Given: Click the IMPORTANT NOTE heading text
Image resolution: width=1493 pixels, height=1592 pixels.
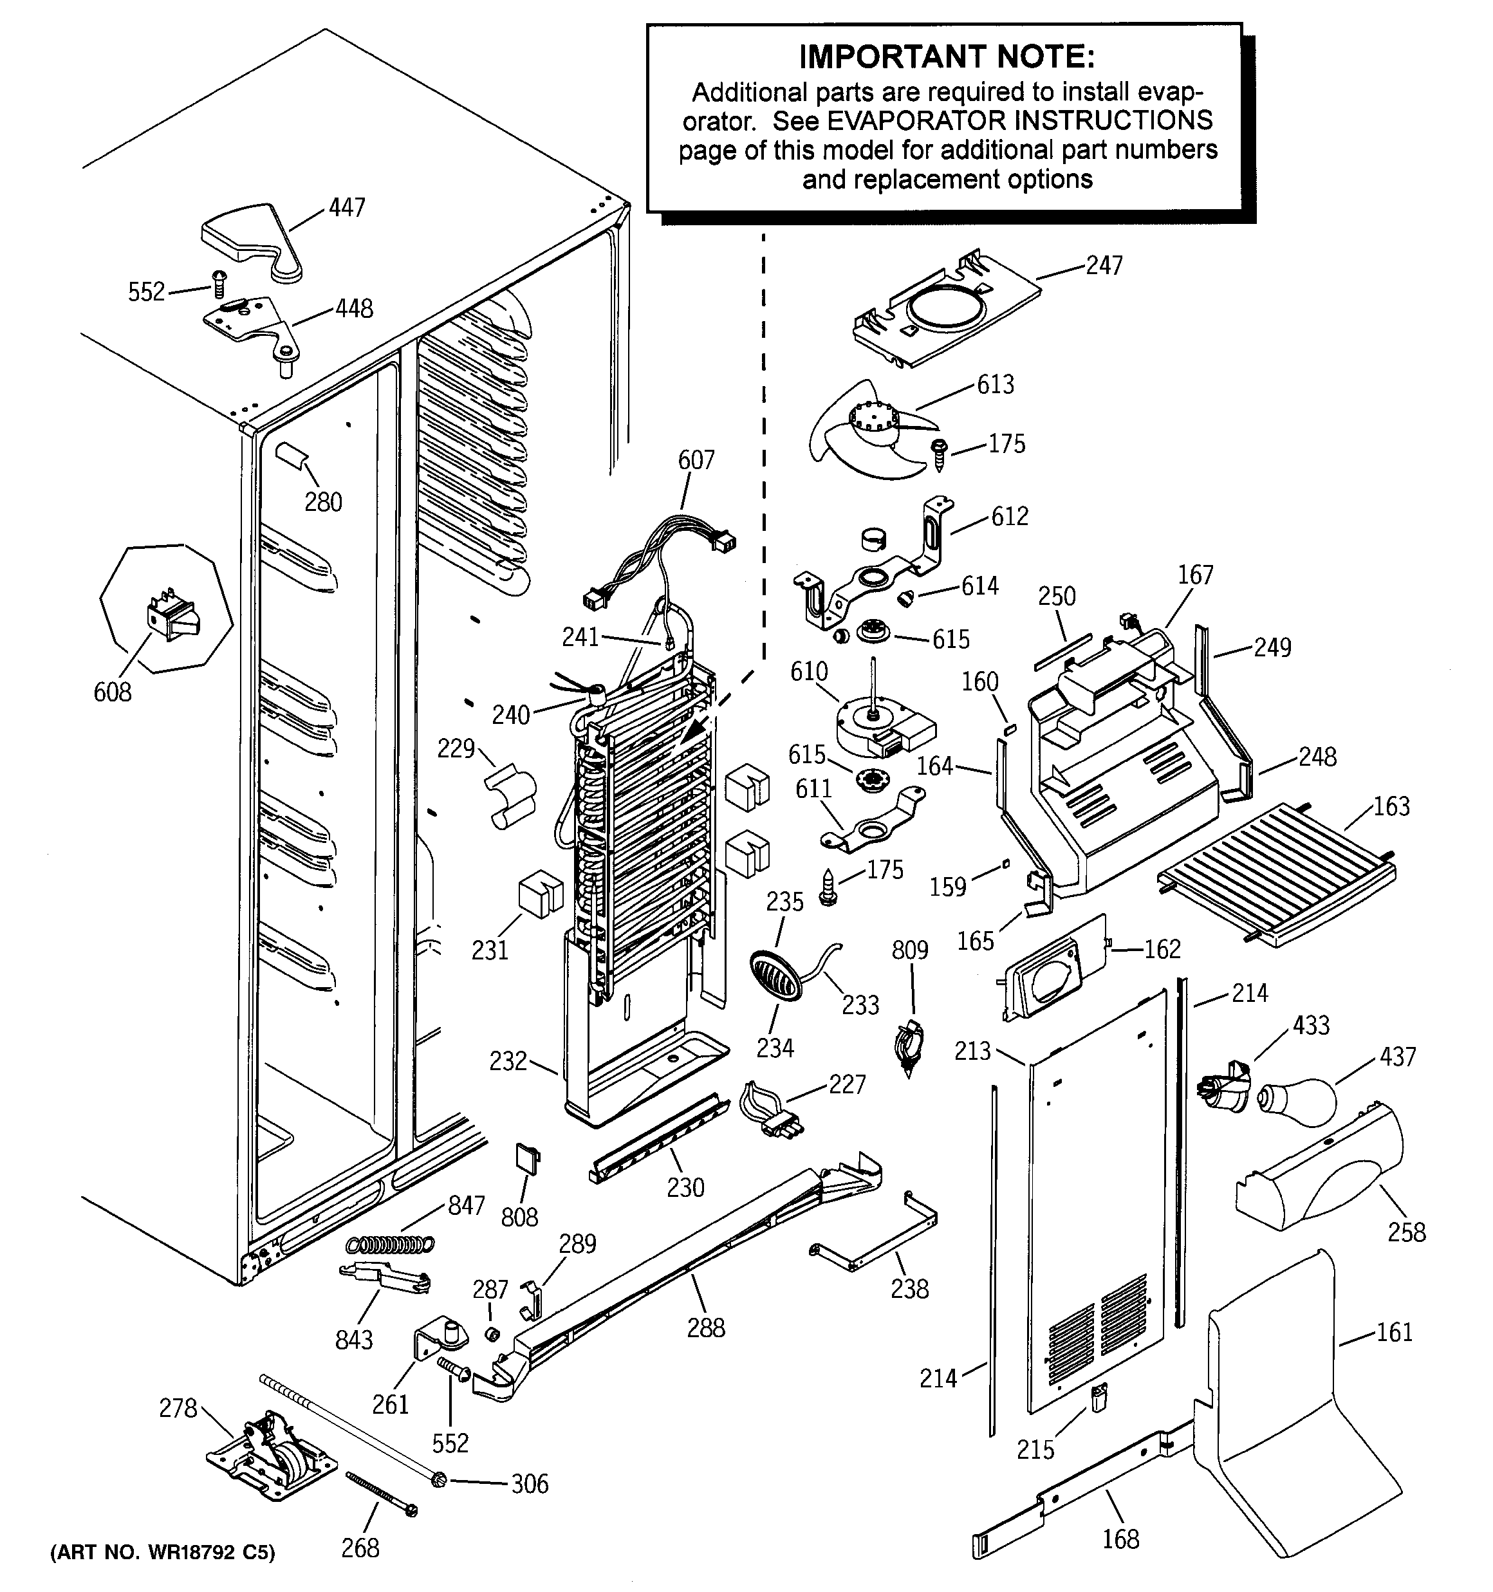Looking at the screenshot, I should pyautogui.click(x=947, y=57).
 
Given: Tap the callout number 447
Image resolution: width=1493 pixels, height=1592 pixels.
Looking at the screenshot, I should pyautogui.click(x=347, y=208).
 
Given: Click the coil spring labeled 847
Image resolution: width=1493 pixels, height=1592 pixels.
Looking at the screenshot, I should pyautogui.click(x=390, y=1245).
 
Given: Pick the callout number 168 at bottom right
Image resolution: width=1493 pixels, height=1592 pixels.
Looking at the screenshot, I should pyautogui.click(x=1120, y=1539).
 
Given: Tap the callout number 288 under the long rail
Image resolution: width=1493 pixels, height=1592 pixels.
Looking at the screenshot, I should pyautogui.click(x=706, y=1328).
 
